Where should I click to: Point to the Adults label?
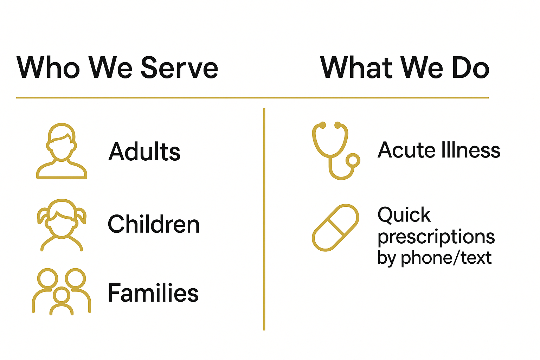pyautogui.click(x=144, y=151)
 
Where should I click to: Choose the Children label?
pyautogui.click(x=154, y=224)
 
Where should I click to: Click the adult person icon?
pyautogui.click(x=62, y=151)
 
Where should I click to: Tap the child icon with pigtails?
pyautogui.click(x=62, y=225)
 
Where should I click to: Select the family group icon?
pyautogui.click(x=62, y=292)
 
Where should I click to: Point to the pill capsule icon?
pyautogui.click(x=336, y=227)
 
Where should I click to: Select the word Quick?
pyautogui.click(x=404, y=214)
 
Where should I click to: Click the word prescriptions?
pyautogui.click(x=436, y=237)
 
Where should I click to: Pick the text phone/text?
pyautogui.click(x=446, y=258)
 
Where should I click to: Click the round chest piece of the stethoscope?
pyautogui.click(x=353, y=160)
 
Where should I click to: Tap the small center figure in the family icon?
pyautogui.click(x=62, y=301)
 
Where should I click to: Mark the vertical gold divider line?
pyautogui.click(x=264, y=219)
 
